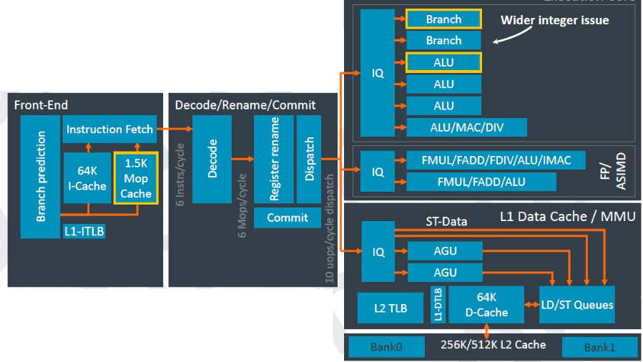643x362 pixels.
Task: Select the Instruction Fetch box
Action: tap(109, 129)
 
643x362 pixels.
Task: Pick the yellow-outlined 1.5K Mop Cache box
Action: tap(135, 178)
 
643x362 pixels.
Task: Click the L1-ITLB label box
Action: tap(84, 231)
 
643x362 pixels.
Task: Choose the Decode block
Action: tap(212, 158)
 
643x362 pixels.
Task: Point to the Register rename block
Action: tap(274, 158)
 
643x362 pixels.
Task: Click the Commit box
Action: tap(287, 217)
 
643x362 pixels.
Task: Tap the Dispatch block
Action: tap(309, 158)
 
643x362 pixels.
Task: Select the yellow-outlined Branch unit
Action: tap(443, 19)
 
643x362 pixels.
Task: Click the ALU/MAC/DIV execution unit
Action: tap(466, 127)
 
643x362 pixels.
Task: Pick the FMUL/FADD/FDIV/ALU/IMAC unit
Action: tap(496, 160)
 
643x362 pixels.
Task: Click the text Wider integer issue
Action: tap(554, 20)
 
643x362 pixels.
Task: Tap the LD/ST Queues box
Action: tap(576, 305)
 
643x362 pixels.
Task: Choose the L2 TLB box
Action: tap(391, 308)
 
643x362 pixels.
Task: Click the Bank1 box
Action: tap(599, 347)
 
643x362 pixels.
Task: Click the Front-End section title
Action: tap(41, 105)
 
